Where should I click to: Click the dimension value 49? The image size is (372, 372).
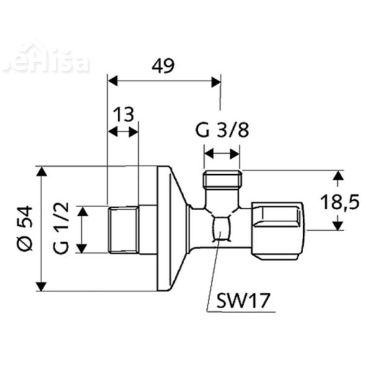tap(163, 65)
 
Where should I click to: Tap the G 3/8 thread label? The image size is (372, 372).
tap(221, 131)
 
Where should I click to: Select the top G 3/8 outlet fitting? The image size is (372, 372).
tap(221, 180)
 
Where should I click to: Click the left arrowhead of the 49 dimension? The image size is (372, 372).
tap(112, 80)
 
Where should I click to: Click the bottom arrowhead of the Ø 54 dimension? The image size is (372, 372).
tap(41, 286)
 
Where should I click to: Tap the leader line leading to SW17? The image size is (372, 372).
tap(213, 273)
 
